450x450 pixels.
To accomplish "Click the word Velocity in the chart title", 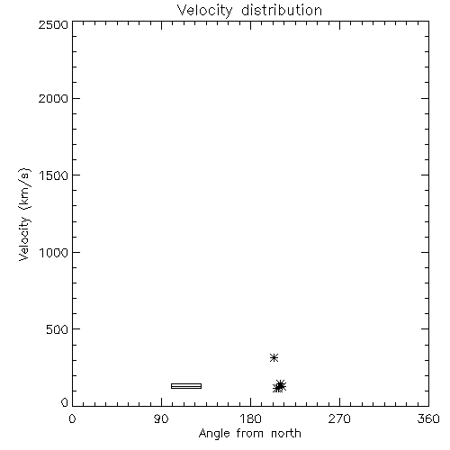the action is click(204, 11).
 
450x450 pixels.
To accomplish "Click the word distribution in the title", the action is click(282, 10).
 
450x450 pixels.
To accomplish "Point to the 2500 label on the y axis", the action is click(53, 24).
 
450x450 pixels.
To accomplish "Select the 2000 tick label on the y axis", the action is click(53, 99).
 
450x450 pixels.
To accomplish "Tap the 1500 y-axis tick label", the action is click(54, 175).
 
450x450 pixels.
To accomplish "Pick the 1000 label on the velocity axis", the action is click(54, 253).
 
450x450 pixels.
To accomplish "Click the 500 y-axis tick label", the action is click(58, 329).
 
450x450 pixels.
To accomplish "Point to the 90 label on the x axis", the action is click(161, 418).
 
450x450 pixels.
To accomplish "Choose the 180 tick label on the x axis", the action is click(250, 418).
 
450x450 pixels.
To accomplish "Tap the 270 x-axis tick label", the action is click(339, 418).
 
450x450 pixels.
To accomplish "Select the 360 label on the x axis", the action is click(428, 418).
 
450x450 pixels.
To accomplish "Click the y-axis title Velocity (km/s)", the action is click(24, 214).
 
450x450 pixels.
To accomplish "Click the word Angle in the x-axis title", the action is click(215, 434).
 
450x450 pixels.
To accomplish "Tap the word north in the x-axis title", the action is click(286, 433).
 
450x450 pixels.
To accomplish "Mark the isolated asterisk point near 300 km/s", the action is click(274, 357).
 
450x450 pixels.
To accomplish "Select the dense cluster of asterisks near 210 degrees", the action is click(279, 386).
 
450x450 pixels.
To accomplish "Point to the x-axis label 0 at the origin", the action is click(72, 418).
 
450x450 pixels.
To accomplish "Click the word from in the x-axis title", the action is click(251, 433).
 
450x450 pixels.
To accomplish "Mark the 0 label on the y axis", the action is click(65, 402).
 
